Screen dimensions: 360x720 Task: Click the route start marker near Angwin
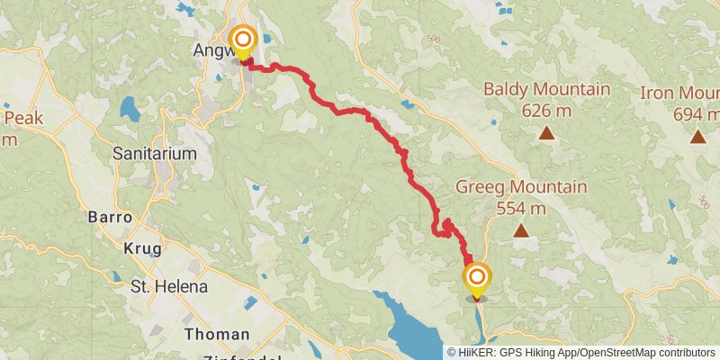243,40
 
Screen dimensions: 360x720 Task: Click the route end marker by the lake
477,277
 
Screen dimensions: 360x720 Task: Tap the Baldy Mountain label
546,90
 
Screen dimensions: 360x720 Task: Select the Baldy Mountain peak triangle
545,134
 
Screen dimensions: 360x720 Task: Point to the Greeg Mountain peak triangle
520,231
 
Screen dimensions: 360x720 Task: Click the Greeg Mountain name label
521,187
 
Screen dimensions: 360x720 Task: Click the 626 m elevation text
546,111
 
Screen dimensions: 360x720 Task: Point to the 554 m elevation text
521,208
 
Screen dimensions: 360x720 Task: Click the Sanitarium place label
155,154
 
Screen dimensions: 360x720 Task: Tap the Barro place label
110,218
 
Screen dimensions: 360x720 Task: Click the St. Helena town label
169,287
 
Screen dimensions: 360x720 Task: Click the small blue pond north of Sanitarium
130,109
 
